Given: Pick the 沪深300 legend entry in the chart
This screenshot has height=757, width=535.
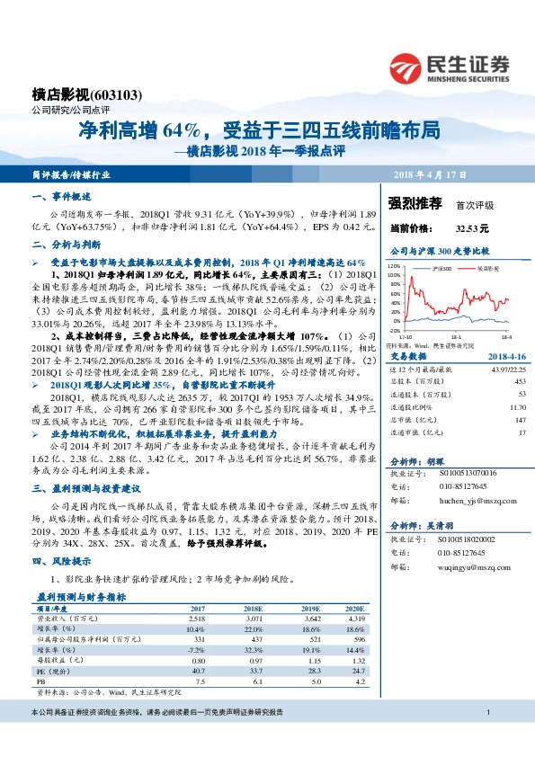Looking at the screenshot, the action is tap(439, 268).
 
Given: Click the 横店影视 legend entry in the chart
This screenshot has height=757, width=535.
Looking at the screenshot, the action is tap(486, 268).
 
